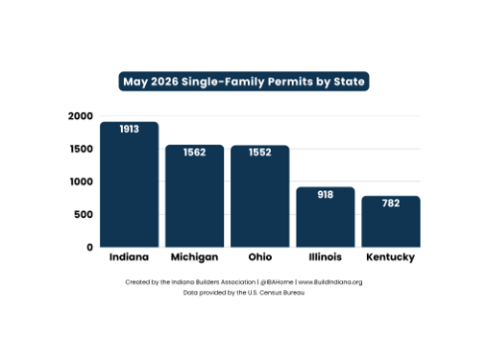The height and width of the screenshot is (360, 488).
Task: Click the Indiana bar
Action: coord(129,184)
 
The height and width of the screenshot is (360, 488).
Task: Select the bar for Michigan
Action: coord(194,196)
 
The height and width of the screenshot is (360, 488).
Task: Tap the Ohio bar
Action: coord(259,196)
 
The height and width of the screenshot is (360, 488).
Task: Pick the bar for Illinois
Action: coord(326,217)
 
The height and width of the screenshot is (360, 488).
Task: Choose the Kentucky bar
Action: coord(391,222)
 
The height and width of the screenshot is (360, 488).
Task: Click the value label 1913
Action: coord(129,129)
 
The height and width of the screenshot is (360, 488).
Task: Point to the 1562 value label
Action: coord(194,152)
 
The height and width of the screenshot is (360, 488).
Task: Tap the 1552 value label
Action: coord(259,152)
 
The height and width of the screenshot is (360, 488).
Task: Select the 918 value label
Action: coord(326,194)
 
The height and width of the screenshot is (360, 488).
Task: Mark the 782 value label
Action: coord(391,203)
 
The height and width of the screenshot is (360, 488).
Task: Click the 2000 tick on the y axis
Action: coord(81,116)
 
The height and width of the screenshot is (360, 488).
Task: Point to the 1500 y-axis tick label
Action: coord(82,149)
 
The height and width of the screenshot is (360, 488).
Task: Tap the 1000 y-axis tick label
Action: coord(82,181)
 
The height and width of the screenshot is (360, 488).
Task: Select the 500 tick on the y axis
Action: coord(84,214)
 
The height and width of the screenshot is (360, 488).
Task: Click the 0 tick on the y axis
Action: coord(89,247)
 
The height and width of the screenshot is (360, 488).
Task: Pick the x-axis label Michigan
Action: coord(194,257)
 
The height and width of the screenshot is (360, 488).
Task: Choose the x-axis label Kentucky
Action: coord(391,257)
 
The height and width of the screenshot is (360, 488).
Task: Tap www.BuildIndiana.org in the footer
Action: coord(330,282)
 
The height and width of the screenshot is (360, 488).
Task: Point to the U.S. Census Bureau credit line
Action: coord(244,293)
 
